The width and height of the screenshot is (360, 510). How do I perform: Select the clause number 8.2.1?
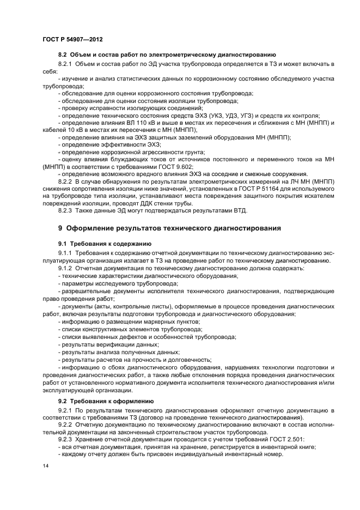tap(66, 64)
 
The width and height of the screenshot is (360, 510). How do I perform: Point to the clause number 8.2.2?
tap(66, 180)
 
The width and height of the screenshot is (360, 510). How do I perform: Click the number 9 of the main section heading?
tap(60, 228)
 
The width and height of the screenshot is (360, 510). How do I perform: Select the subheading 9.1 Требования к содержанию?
tap(101, 243)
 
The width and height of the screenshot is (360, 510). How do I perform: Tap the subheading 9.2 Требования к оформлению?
tap(102, 401)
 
